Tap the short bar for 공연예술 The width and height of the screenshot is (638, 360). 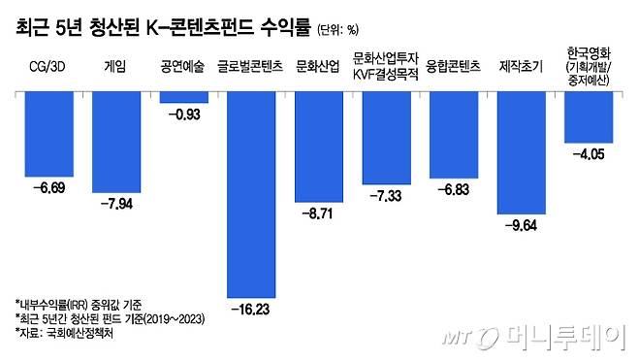183,97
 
